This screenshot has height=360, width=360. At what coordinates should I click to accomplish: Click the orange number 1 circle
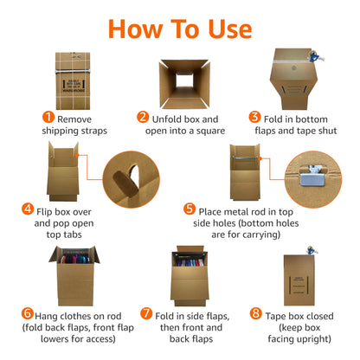[48, 117]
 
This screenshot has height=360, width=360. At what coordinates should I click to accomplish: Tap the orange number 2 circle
[143, 117]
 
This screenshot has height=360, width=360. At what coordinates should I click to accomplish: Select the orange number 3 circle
[254, 117]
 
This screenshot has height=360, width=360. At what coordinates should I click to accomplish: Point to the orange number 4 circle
[28, 209]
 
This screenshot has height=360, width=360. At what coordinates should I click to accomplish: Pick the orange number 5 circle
[190, 209]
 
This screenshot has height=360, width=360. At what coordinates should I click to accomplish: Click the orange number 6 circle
[28, 313]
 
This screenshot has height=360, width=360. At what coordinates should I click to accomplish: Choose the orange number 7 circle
[146, 313]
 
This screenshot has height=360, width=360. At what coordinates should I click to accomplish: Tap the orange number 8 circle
[256, 313]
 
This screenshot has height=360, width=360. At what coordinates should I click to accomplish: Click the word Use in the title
[230, 29]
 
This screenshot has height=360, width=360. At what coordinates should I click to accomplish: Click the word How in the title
[135, 29]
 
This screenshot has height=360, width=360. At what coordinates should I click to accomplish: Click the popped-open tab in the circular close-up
[125, 183]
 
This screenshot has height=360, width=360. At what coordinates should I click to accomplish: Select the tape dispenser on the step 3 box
[315, 56]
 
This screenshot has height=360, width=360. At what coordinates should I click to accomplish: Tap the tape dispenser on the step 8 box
[311, 250]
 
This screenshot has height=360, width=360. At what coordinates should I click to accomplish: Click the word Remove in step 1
[74, 119]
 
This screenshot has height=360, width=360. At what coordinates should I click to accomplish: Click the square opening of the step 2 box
[184, 80]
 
